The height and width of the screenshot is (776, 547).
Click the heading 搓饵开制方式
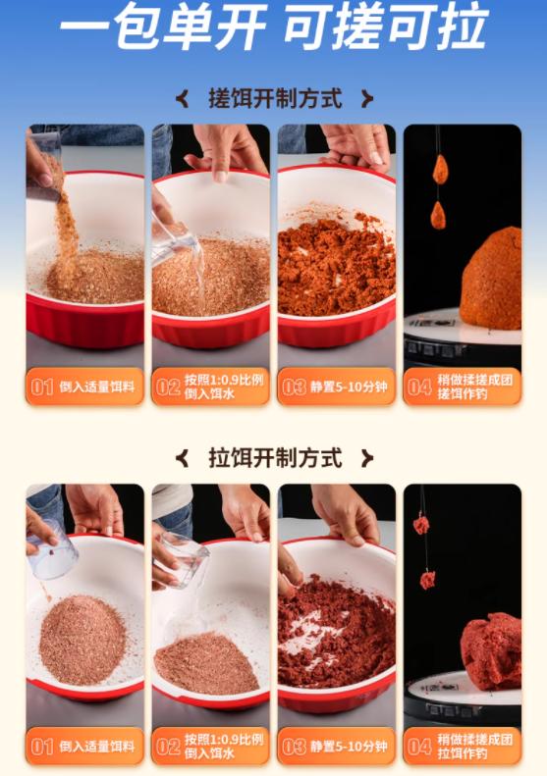coord(275,98)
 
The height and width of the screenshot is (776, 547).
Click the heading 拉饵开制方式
coord(275,457)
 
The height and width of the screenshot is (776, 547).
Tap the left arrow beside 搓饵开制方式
coord(182,98)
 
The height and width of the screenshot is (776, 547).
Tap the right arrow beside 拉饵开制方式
coord(367,458)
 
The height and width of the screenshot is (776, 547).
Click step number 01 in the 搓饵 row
coord(42,387)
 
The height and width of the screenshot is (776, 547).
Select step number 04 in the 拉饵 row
coord(419,747)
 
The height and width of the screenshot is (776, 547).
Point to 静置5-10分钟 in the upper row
coord(348,387)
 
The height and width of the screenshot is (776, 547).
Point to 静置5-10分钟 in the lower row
coord(348,747)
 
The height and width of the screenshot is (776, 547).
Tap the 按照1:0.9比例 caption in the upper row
coord(223,380)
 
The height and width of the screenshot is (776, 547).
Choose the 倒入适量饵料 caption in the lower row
coord(97,747)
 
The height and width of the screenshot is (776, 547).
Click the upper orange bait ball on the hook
coord(440,169)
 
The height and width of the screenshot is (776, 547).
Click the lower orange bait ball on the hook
coord(438,214)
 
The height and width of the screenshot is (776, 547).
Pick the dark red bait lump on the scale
coord(490,649)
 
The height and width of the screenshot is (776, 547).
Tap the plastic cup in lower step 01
coord(53,553)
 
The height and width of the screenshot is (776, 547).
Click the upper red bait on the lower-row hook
coord(421,525)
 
